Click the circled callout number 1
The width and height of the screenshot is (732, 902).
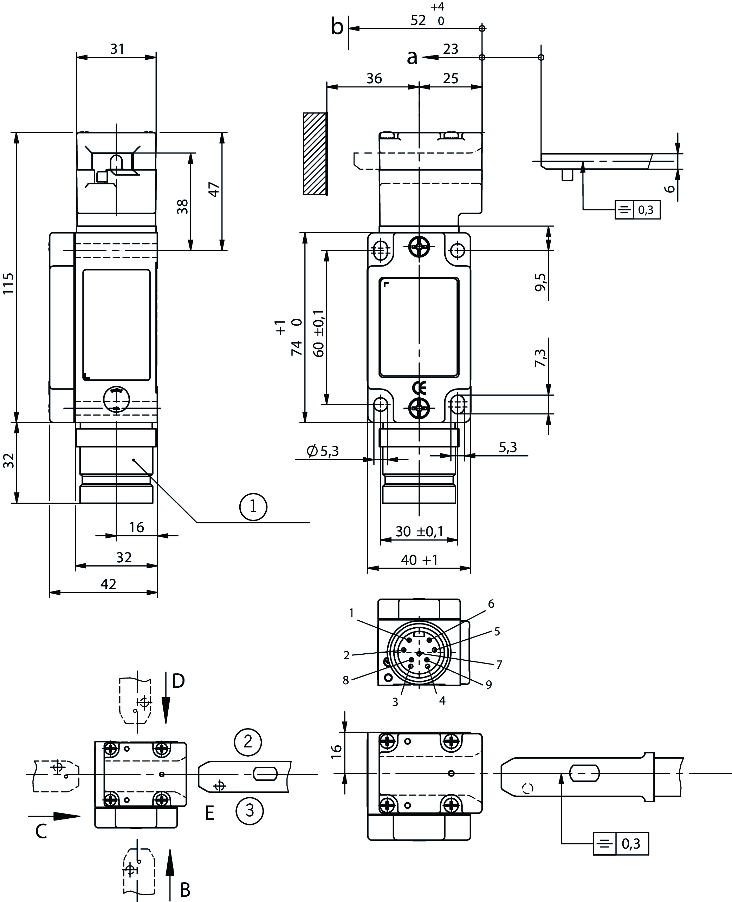click(x=253, y=506)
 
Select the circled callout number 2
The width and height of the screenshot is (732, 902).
click(x=248, y=741)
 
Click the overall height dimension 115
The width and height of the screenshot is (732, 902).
click(x=8, y=283)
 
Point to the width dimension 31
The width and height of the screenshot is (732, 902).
click(x=117, y=49)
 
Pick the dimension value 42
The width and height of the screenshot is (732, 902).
click(x=108, y=584)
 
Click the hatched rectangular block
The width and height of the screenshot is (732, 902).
click(x=315, y=154)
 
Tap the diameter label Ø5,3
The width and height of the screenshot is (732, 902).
click(x=323, y=451)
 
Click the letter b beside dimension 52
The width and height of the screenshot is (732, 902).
click(x=337, y=27)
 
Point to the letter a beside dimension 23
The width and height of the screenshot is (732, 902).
click(x=412, y=57)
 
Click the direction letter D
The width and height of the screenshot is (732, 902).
click(x=179, y=681)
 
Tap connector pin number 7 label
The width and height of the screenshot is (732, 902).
click(x=499, y=665)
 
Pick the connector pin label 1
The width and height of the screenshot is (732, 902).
click(x=352, y=613)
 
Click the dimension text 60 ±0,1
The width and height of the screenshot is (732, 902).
click(x=319, y=333)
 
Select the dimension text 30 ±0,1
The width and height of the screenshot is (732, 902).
click(x=419, y=531)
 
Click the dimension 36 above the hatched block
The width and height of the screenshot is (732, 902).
click(x=374, y=78)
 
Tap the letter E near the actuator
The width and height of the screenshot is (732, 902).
click(x=209, y=813)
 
